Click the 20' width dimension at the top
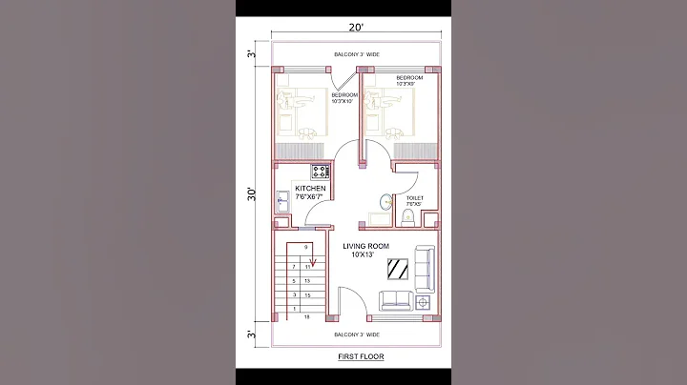[x=355, y=26]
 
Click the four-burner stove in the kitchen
[x=320, y=172]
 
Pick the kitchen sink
[x=283, y=201]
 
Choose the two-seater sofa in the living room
[x=396, y=300]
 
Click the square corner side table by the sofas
[x=425, y=302]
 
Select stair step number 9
[x=306, y=248]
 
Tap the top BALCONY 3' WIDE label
[x=356, y=54]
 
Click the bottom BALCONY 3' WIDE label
[x=357, y=334]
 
